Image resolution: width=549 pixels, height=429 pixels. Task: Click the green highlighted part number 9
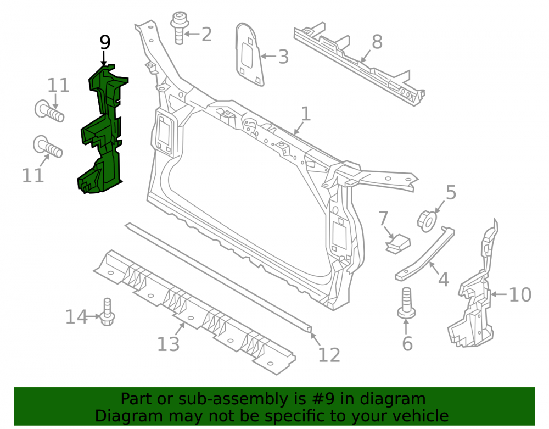pyautogui.click(x=102, y=130)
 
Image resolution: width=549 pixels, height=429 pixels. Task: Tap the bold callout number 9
pyautogui.click(x=105, y=42)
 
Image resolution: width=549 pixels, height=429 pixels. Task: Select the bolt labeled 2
pyautogui.click(x=180, y=28)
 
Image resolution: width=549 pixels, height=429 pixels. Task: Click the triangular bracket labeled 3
pyautogui.click(x=249, y=54)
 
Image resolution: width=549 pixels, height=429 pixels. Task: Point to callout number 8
pyautogui.click(x=377, y=42)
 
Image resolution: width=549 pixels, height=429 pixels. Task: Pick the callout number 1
pyautogui.click(x=306, y=114)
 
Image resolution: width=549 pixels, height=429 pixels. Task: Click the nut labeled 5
pyautogui.click(x=427, y=221)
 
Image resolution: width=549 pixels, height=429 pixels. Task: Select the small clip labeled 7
pyautogui.click(x=397, y=243)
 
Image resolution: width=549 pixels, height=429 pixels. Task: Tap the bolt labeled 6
pyautogui.click(x=406, y=303)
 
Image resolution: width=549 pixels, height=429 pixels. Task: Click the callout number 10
pyautogui.click(x=520, y=294)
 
